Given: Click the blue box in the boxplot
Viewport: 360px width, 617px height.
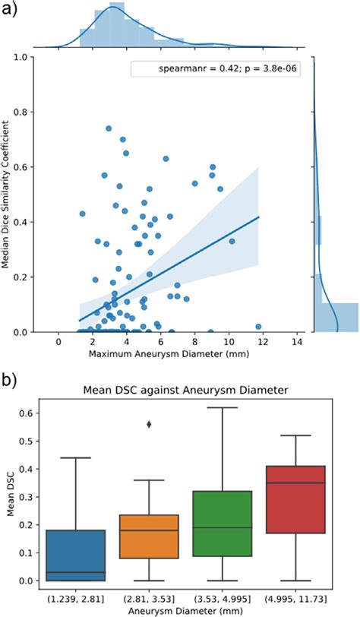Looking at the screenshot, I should (87, 555).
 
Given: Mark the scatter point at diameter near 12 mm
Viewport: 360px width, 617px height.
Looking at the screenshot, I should (259, 327).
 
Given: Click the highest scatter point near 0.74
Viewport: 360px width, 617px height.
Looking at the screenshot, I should (109, 128).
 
